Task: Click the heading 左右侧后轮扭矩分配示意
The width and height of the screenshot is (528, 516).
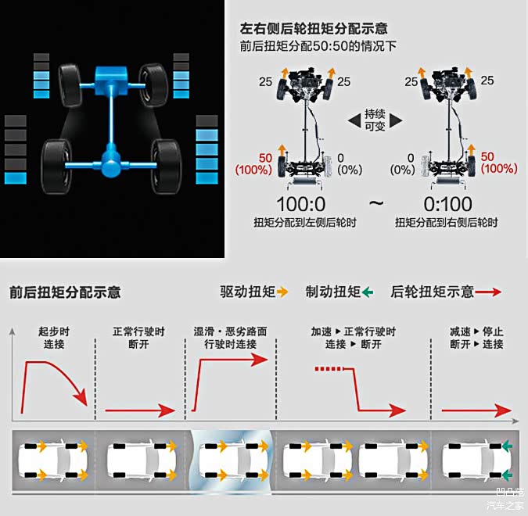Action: click(x=314, y=29)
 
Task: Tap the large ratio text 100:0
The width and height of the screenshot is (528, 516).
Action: click(x=300, y=204)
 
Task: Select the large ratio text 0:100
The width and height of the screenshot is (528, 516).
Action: click(x=447, y=204)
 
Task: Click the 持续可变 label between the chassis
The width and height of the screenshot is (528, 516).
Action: click(x=375, y=120)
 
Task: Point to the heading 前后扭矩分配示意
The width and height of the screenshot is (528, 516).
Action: click(x=65, y=292)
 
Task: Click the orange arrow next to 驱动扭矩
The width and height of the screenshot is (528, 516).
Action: click(x=282, y=292)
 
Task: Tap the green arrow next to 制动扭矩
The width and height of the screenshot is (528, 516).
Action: click(x=368, y=292)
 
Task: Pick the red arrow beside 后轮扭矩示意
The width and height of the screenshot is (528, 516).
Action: click(x=488, y=292)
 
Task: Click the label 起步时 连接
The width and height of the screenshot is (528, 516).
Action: click(x=54, y=338)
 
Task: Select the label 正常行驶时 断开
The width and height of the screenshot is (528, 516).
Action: click(x=138, y=338)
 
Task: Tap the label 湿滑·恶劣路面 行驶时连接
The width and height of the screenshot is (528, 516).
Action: click(x=230, y=338)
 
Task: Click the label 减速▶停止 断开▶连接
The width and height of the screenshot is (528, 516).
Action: click(x=477, y=338)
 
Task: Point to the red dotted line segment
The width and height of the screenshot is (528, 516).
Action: click(x=329, y=369)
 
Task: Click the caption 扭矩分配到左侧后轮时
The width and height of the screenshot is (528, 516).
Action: click(x=305, y=223)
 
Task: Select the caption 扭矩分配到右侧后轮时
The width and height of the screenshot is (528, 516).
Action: click(x=446, y=223)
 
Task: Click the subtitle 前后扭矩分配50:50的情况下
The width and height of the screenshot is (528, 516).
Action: click(x=318, y=46)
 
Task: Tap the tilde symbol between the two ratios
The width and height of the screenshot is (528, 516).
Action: click(x=376, y=203)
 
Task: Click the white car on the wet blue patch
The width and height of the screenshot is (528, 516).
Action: click(x=234, y=460)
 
